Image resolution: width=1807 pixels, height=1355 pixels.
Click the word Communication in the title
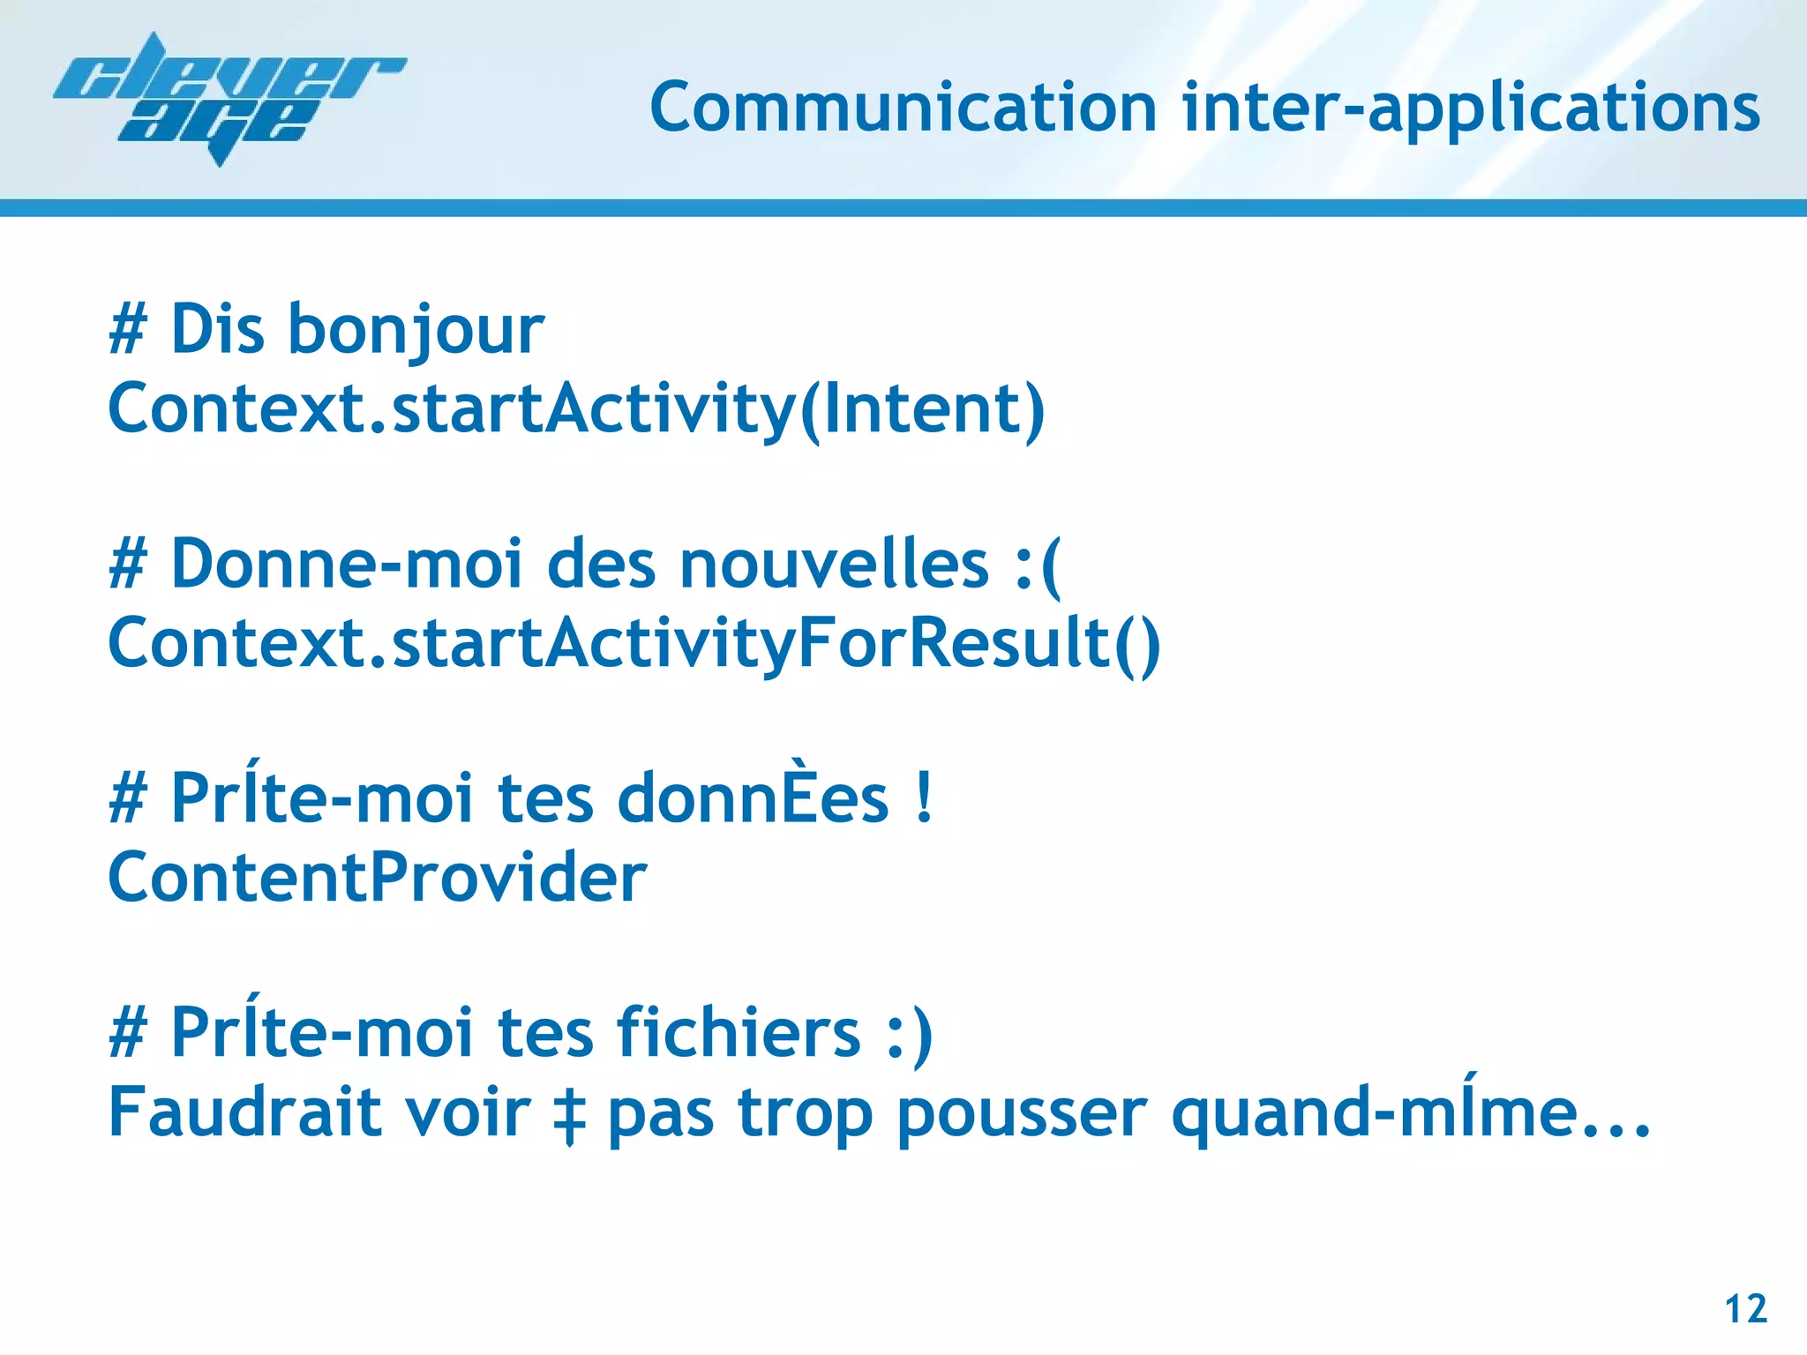pos(903,108)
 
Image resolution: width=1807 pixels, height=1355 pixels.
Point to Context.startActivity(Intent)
pos(576,409)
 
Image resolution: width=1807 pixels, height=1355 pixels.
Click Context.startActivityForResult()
pos(634,644)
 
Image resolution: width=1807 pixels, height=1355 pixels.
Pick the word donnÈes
pos(753,797)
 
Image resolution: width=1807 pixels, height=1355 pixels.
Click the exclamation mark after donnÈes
pos(924,797)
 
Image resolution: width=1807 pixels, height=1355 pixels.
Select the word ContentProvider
pos(378,878)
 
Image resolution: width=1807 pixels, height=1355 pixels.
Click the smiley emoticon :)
pos(910,1034)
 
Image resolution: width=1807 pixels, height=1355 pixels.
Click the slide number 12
pos(1745,1309)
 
